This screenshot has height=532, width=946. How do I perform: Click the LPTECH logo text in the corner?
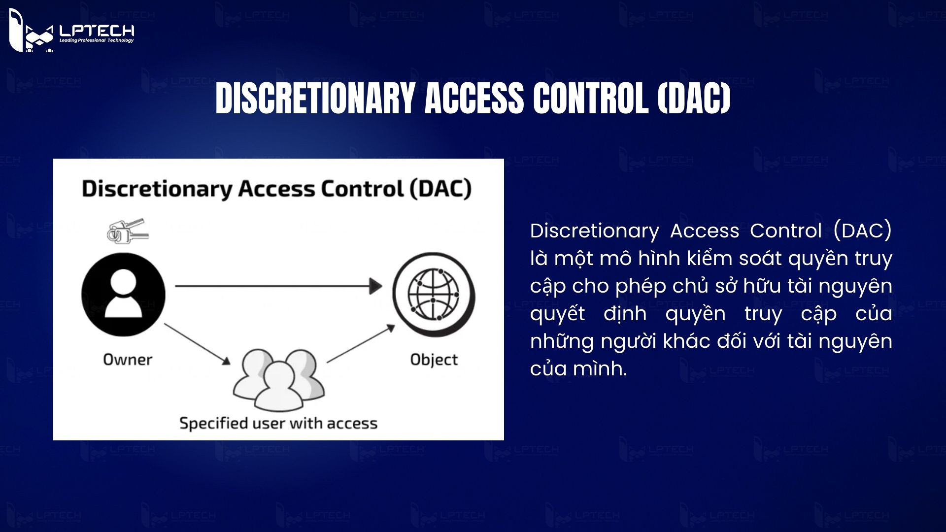(97, 31)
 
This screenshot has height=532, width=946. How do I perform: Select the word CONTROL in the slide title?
(590, 98)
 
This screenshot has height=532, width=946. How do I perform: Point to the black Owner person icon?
(123, 294)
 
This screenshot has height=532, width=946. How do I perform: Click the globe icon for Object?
(434, 294)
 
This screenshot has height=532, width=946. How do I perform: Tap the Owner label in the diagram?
(128, 360)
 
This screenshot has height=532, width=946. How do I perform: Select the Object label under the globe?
(434, 360)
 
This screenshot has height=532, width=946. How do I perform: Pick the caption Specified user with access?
(278, 423)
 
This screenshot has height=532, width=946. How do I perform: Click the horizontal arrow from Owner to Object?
(278, 286)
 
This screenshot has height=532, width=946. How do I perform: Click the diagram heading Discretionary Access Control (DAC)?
(276, 189)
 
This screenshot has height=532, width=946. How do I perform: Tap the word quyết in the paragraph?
(557, 314)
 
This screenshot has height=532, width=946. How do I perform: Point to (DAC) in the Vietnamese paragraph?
(862, 231)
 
